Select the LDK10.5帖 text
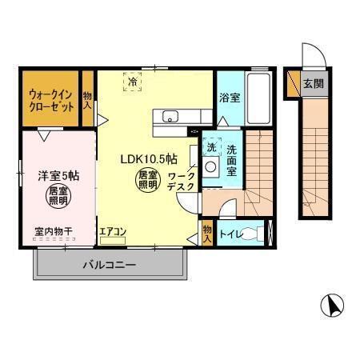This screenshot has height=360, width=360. [150, 158]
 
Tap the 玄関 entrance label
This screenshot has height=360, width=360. [314, 82]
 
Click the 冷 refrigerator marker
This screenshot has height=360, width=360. [130, 81]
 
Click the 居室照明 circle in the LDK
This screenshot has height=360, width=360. [146, 180]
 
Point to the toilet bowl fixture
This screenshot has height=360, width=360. [254, 234]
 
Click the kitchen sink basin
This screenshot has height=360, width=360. [170, 118]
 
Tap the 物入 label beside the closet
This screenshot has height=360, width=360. [88, 99]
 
